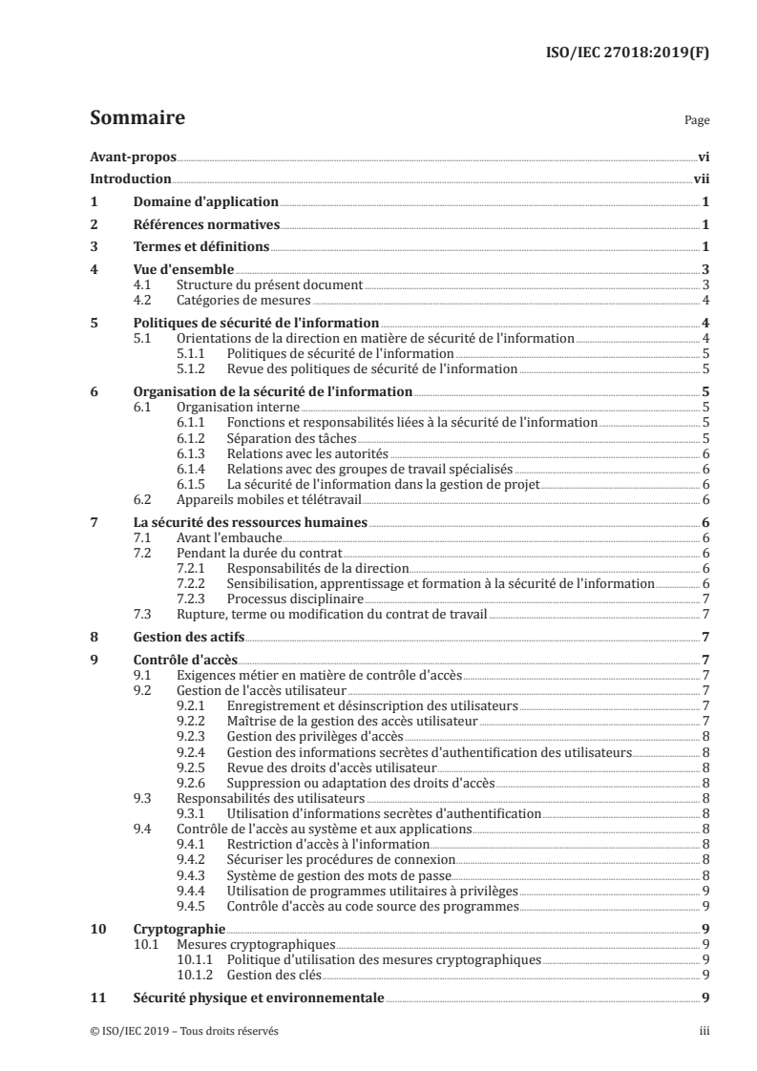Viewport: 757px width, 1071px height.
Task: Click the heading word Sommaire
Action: (137, 118)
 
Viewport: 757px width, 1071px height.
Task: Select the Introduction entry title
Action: (131, 179)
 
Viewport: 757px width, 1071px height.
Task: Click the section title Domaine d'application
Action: (205, 202)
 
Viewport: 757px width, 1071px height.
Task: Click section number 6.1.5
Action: (194, 485)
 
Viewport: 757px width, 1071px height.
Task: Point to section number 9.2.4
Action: (194, 752)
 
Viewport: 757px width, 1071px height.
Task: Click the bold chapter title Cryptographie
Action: (179, 927)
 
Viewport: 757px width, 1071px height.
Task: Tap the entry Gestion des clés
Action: (274, 975)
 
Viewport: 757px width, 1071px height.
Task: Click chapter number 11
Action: (96, 997)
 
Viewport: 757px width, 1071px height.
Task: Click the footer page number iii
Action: (704, 1032)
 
